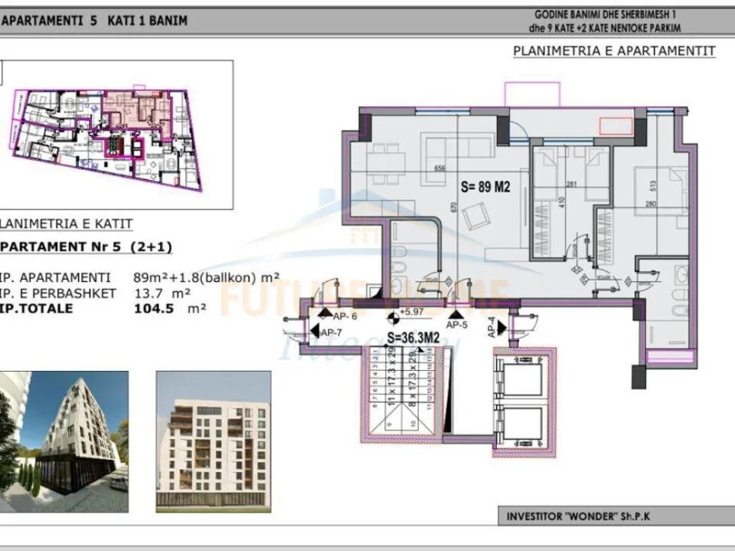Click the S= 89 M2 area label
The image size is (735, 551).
tap(484, 185)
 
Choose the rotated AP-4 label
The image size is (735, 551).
tap(491, 329)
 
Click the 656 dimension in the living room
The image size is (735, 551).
tap(440, 169)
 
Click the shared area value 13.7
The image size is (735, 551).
tap(150, 293)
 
